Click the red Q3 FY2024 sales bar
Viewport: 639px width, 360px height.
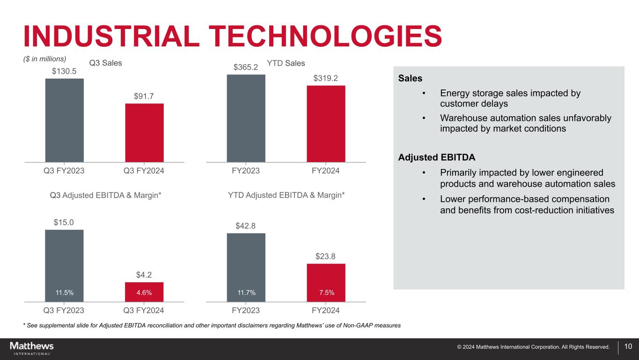144,132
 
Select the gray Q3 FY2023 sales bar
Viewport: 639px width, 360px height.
65,120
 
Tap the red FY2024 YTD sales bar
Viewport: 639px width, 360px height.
326,124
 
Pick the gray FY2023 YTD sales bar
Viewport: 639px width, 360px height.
246,118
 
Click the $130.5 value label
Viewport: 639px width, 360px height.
64,71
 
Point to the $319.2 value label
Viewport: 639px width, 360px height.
325,78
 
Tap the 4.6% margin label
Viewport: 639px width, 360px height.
144,293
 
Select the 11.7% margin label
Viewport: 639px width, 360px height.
246,293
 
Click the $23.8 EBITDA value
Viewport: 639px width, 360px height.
325,257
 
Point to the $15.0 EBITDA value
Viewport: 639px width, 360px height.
64,222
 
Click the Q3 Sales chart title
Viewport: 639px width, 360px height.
105,63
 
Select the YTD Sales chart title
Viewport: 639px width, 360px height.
286,63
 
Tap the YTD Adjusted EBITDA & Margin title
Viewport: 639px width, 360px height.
286,195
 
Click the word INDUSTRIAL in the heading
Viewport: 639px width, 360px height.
111,36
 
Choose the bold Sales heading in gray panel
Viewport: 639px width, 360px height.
410,78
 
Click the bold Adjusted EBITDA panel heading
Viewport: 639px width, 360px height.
437,157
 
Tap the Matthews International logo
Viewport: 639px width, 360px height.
32,348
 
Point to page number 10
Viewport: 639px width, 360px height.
628,346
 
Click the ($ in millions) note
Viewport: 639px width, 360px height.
44,59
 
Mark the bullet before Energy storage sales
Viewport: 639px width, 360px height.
424,93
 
